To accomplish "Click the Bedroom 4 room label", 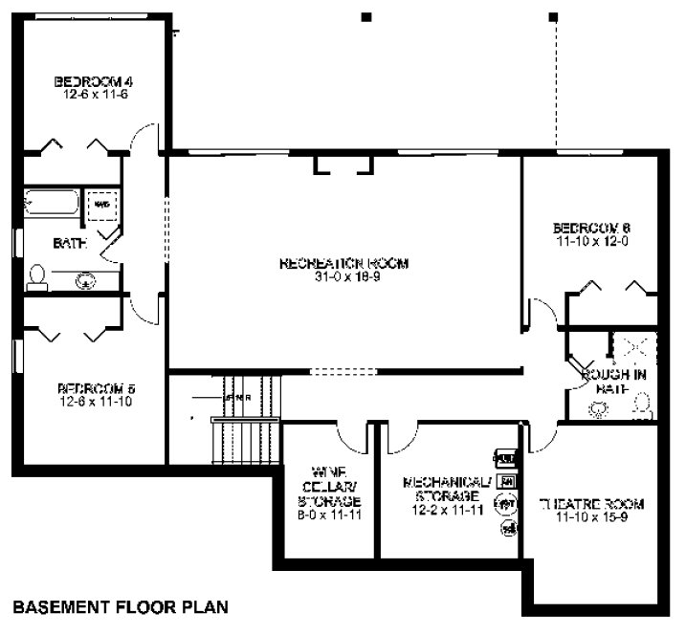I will (x=93, y=81).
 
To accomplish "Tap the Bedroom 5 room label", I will (x=97, y=388).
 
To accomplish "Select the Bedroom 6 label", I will (x=591, y=228).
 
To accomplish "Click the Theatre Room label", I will (x=591, y=504).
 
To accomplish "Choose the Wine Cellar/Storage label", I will (x=328, y=486).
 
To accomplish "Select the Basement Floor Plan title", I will (x=119, y=606).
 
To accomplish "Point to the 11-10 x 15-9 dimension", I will (x=591, y=517).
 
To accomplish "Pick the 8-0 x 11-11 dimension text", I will (x=328, y=515).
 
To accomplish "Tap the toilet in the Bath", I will (x=38, y=276).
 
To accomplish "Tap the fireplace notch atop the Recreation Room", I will (x=343, y=165).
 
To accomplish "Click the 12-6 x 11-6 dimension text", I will (x=93, y=95).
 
